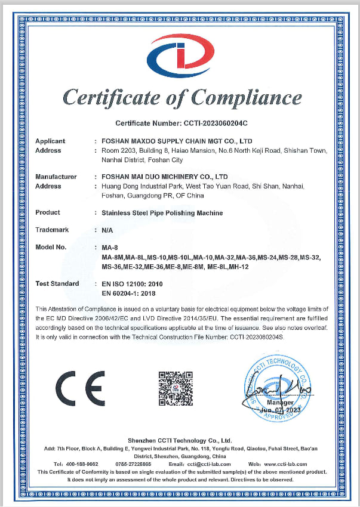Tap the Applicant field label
[x=50, y=141]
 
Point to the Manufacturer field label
[x=56, y=177]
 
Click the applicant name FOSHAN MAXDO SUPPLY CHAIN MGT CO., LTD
[x=177, y=141]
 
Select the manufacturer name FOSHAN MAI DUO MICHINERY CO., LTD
[x=165, y=177]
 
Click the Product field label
[x=48, y=212]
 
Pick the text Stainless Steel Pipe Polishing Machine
[x=162, y=212]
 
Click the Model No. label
[x=51, y=247]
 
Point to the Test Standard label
[x=57, y=283]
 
